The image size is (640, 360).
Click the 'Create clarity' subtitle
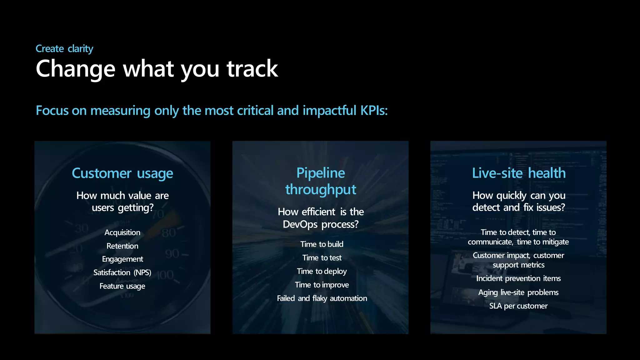click(x=64, y=49)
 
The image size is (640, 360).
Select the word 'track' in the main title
click(x=252, y=69)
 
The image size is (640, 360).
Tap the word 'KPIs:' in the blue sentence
click(x=374, y=111)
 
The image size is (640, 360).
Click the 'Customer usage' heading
click(x=122, y=173)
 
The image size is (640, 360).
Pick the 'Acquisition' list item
click(x=122, y=232)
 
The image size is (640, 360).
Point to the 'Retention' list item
click(x=122, y=246)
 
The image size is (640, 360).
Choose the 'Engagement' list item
click(x=122, y=259)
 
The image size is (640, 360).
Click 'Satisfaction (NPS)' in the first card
click(x=122, y=272)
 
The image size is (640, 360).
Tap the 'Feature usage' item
click(x=122, y=286)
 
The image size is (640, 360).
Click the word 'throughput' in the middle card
click(x=321, y=190)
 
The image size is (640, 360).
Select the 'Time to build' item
click(x=322, y=244)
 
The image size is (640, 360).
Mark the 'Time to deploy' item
click(x=322, y=271)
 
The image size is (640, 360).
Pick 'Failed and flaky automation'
click(x=322, y=298)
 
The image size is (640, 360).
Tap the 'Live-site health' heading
click(x=518, y=173)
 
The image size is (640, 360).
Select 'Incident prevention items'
click(x=518, y=278)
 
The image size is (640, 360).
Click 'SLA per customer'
click(x=518, y=306)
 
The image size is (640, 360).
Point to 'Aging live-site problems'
click(x=518, y=292)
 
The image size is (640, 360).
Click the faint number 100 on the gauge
click(x=165, y=275)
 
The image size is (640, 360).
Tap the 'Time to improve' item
click(x=322, y=285)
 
